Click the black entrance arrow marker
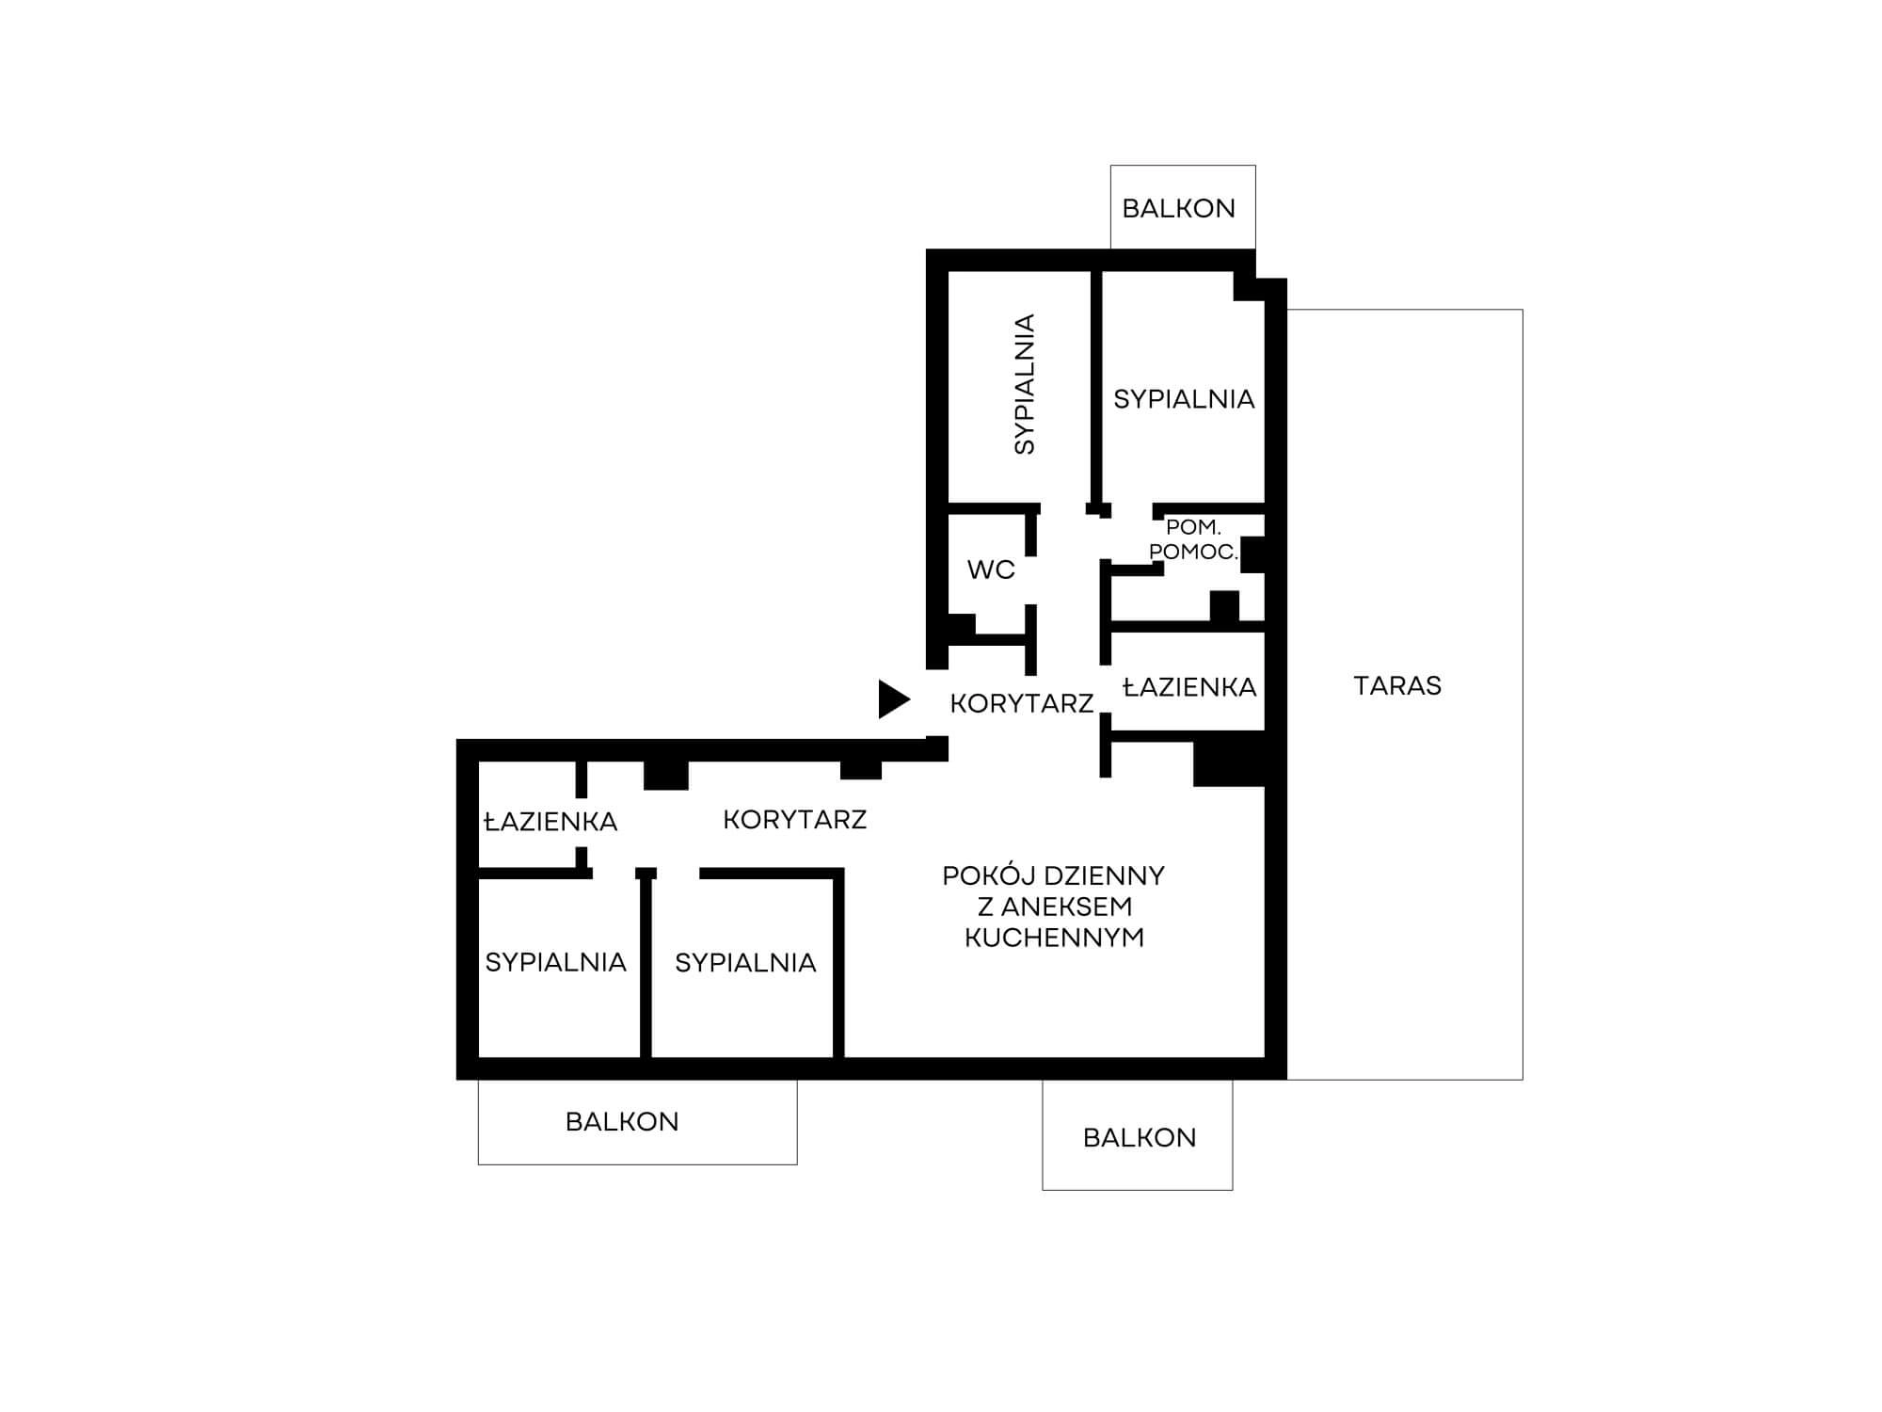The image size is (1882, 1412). [893, 699]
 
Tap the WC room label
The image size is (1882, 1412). [991, 570]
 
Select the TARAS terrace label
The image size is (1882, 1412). [1397, 685]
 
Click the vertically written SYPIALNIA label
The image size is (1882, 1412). [1024, 384]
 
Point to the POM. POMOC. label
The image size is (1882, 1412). [1193, 539]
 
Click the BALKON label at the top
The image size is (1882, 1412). [1179, 208]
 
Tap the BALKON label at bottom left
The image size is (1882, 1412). [622, 1121]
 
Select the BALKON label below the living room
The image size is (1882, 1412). [1140, 1137]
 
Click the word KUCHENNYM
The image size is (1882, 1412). [1055, 938]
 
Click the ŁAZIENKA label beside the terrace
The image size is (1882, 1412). [1190, 687]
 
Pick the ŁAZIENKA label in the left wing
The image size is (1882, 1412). [550, 822]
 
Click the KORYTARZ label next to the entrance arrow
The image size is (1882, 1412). [1022, 703]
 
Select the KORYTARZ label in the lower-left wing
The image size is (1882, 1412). [795, 820]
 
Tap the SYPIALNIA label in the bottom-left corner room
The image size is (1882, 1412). [555, 962]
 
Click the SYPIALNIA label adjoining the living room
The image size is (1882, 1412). [745, 963]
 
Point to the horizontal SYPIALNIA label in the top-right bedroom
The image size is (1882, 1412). [1184, 399]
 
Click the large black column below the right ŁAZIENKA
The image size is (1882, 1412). [1229, 760]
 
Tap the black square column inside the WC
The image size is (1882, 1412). [961, 627]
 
